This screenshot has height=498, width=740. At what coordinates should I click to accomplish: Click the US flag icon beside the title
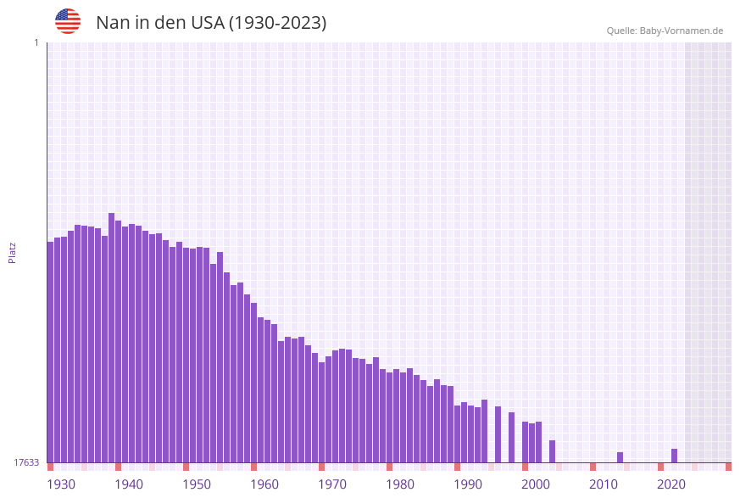pyautogui.click(x=68, y=21)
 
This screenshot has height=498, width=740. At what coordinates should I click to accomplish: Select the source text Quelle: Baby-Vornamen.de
pyautogui.click(x=665, y=31)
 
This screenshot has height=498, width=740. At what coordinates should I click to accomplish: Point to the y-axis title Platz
pyautogui.click(x=13, y=252)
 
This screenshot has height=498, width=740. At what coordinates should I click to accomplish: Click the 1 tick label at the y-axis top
pyautogui.click(x=36, y=42)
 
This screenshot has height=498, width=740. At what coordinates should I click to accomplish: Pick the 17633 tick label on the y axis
pyautogui.click(x=26, y=462)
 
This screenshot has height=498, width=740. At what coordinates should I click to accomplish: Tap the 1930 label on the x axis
pyautogui.click(x=61, y=484)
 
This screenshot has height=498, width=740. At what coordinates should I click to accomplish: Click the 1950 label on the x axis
pyautogui.click(x=197, y=484)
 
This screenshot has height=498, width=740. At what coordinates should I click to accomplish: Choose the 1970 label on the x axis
pyautogui.click(x=332, y=484)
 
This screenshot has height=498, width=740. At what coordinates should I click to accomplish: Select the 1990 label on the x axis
pyautogui.click(x=468, y=484)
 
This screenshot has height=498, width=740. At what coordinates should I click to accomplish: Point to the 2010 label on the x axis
pyautogui.click(x=604, y=484)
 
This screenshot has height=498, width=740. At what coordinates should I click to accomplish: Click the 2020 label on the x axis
pyautogui.click(x=671, y=484)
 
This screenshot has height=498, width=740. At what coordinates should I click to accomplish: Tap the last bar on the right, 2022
pyautogui.click(x=674, y=456)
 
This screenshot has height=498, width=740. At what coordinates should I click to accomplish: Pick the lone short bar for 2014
pyautogui.click(x=620, y=457)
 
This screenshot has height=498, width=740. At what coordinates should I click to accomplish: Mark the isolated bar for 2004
pyautogui.click(x=552, y=451)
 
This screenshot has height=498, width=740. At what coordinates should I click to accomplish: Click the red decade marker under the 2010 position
pyautogui.click(x=593, y=467)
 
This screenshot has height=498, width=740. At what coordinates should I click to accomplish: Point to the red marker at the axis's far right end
pyautogui.click(x=728, y=467)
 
